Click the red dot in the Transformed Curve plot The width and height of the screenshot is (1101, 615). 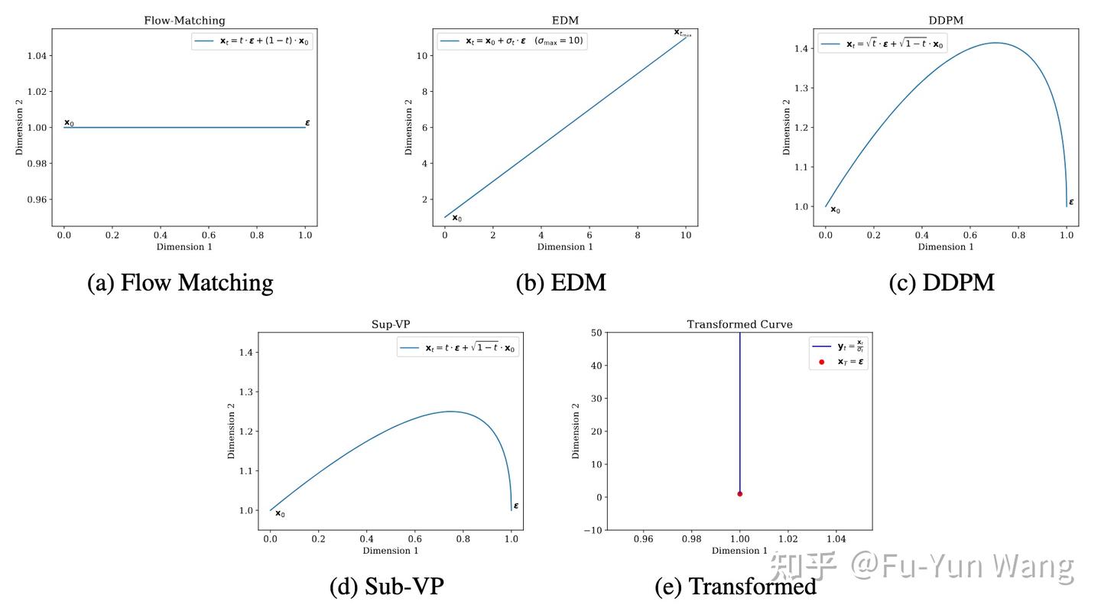pyautogui.click(x=739, y=493)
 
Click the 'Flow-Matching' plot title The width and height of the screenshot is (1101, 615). pyautogui.click(x=184, y=21)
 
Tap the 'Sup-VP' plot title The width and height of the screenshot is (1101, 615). pyautogui.click(x=391, y=324)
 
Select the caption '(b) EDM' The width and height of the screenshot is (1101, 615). pyautogui.click(x=560, y=283)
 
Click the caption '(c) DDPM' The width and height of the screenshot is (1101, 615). pyautogui.click(x=941, y=283)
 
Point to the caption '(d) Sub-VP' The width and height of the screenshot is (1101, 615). pyautogui.click(x=386, y=587)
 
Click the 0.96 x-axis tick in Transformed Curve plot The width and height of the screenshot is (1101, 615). pyautogui.click(x=644, y=539)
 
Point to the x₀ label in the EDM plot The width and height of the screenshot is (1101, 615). pyautogui.click(x=456, y=218)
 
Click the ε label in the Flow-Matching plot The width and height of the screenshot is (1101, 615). pyautogui.click(x=307, y=122)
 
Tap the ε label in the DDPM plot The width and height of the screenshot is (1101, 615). pyautogui.click(x=1071, y=202)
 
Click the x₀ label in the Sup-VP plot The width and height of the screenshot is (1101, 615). pyautogui.click(x=280, y=513)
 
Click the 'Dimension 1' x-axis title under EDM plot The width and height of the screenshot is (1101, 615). pyautogui.click(x=565, y=247)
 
